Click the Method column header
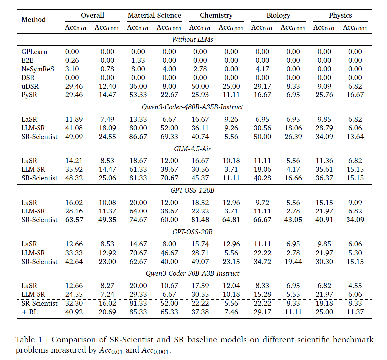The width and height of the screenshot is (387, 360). (34, 20)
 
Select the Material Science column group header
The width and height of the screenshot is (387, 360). (154, 15)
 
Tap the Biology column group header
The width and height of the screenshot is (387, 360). (278, 15)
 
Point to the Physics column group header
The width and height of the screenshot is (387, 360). (340, 15)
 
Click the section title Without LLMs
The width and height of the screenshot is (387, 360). (193, 39)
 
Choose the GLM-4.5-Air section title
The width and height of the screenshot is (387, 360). (193, 149)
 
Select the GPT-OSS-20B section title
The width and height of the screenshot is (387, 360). (193, 232)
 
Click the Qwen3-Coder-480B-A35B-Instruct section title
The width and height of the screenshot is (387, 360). (193, 107)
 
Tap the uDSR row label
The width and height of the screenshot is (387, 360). (30, 86)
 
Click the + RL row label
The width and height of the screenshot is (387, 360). (30, 312)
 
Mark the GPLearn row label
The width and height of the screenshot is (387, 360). (34, 52)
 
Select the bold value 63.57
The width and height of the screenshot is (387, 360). (74, 220)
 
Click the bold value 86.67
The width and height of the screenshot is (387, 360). (138, 137)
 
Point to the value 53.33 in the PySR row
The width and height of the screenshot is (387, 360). (138, 95)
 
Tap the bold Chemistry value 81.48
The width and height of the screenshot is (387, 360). (200, 220)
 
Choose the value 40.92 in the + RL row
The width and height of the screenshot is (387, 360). (74, 312)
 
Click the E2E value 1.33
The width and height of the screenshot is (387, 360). (138, 60)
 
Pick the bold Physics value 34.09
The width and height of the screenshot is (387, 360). (355, 220)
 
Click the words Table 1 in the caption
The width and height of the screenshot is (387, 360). (29, 340)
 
